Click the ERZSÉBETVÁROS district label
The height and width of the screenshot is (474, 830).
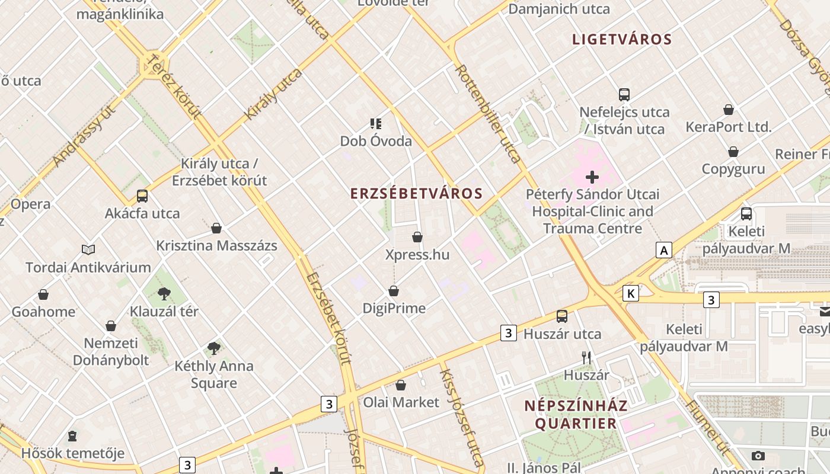pyautogui.click(x=416, y=194)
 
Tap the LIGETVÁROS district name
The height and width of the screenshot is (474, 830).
pyautogui.click(x=622, y=40)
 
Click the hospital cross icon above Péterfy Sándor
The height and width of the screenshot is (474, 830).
pyautogui.click(x=592, y=177)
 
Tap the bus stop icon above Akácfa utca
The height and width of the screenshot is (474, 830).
pyautogui.click(x=142, y=196)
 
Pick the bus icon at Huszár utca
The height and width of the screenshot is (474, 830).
pyautogui.click(x=561, y=316)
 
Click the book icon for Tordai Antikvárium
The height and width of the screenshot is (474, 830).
pyautogui.click(x=88, y=250)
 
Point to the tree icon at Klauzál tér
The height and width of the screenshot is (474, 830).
pyautogui.click(x=164, y=294)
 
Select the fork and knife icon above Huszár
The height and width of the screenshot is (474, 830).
pyautogui.click(x=586, y=358)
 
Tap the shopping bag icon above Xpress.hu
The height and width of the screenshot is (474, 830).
pyautogui.click(x=417, y=238)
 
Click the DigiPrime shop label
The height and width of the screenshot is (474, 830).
pyautogui.click(x=394, y=308)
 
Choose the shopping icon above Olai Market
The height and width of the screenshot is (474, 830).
pyautogui.click(x=401, y=385)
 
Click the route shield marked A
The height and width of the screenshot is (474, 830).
pyautogui.click(x=664, y=251)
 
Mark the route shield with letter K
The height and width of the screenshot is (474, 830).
pyautogui.click(x=631, y=293)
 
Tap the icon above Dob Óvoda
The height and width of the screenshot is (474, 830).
pyautogui.click(x=375, y=124)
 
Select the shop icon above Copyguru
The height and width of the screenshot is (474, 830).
pyautogui.click(x=733, y=152)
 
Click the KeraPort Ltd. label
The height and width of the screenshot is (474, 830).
pyautogui.click(x=729, y=127)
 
